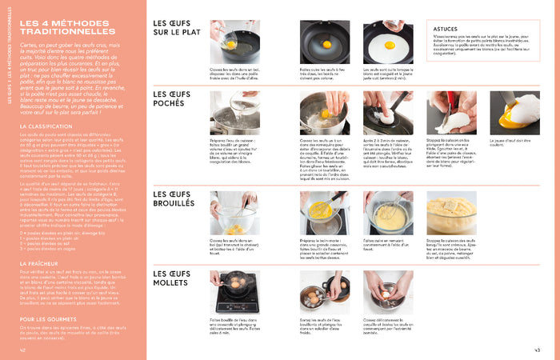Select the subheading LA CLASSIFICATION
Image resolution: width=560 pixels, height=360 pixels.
pyautogui.click(x=46, y=126)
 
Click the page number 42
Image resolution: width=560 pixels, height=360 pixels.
pyautogui.click(x=23, y=350)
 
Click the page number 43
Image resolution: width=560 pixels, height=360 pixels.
pyautogui.click(x=538, y=350)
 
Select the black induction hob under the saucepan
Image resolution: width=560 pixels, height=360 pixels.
pyautogui.click(x=234, y=308)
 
